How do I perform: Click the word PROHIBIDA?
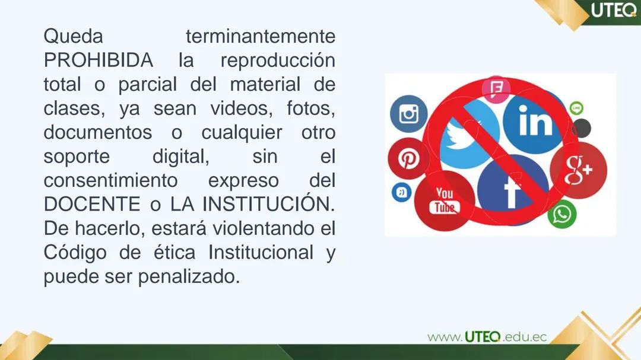pos(98,60)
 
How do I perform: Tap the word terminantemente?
pos(261,36)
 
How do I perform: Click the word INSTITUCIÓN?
pos(268,204)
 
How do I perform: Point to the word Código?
pos(75,252)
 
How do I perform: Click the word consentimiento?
pos(110,180)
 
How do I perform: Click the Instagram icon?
pos(408,113)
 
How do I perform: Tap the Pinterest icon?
pos(408,158)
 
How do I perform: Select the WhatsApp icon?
pos(561,214)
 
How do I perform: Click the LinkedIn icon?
pos(535,122)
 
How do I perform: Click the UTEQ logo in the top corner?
pos(613,11)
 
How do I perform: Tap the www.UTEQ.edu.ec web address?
pos(487,337)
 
